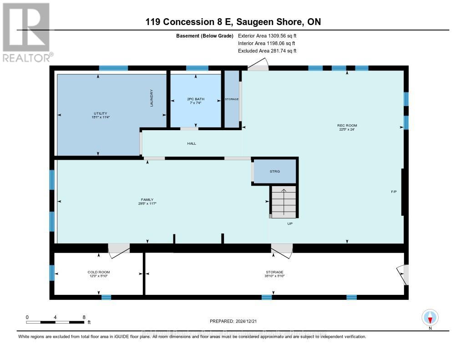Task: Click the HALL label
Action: coord(191,143)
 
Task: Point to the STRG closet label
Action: coord(274,171)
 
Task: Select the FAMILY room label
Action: coord(147,199)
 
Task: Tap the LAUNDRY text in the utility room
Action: coord(152,98)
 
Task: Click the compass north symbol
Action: coord(430,317)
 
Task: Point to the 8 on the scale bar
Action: coord(84,317)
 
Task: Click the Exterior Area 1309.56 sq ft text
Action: coord(267,35)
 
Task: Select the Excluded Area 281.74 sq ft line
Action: coord(267,51)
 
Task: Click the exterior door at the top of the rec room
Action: coord(258,67)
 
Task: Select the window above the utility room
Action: coord(113,68)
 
